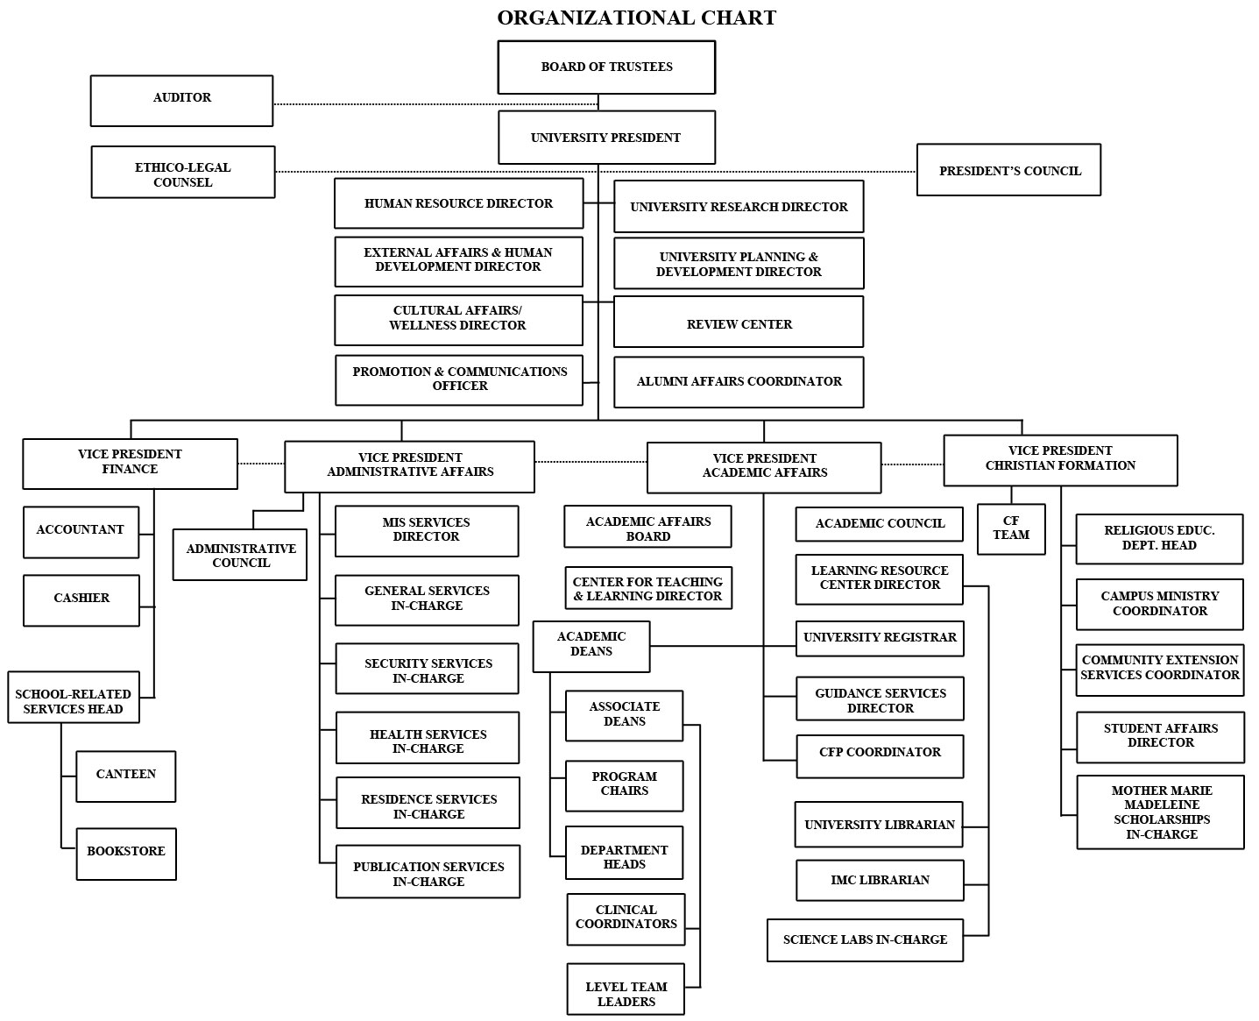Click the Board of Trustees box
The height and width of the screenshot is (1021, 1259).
click(606, 67)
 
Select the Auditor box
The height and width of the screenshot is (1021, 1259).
click(181, 99)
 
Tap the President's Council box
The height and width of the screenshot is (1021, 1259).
click(1008, 171)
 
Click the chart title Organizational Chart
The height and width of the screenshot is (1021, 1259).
click(636, 18)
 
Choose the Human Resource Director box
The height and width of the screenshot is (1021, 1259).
click(458, 203)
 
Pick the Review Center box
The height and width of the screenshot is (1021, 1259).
click(739, 323)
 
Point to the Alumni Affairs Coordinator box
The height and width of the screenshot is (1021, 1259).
click(739, 382)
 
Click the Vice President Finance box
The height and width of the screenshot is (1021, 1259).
click(130, 463)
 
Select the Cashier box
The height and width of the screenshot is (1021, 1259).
click(81, 599)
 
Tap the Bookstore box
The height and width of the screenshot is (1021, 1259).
click(126, 853)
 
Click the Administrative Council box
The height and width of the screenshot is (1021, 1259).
click(240, 555)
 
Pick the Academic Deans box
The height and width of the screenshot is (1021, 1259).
click(591, 646)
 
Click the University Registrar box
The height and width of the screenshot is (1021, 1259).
click(880, 638)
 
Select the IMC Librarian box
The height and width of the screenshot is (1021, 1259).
click(880, 880)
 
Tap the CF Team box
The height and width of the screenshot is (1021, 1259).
click(1011, 528)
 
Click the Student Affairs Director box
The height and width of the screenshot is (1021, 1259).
click(1160, 737)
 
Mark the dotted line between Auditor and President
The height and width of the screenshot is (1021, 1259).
click(435, 103)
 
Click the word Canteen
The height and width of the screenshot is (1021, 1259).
click(126, 775)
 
